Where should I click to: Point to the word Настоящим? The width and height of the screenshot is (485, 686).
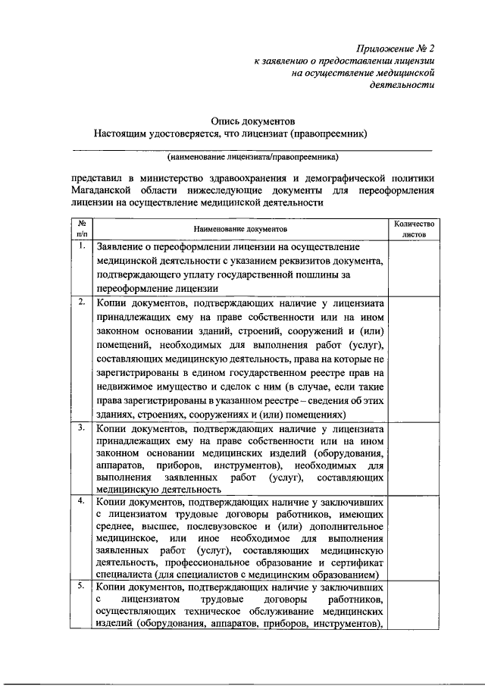[120, 134]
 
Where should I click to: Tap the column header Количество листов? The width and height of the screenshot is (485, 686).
[412, 229]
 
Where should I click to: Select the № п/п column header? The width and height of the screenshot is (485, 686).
[81, 229]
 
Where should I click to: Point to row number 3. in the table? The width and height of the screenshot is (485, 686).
[81, 428]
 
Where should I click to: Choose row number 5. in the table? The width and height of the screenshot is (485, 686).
[81, 586]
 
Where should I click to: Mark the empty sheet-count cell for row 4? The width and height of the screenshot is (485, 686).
[412, 538]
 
